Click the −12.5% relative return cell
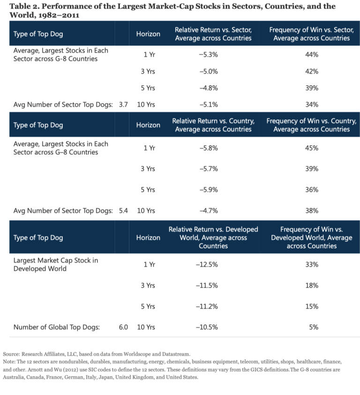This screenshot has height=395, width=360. tap(207, 264)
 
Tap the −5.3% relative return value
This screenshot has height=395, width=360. tap(207, 55)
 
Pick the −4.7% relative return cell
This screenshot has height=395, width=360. tap(207, 211)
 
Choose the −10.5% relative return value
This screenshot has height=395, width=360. tap(207, 327)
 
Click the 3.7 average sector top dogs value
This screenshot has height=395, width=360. tap(123, 104)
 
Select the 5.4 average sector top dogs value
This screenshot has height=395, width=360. tap(123, 211)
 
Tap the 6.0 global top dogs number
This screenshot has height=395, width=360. tap(123, 327)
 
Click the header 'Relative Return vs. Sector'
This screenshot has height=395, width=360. tap(213, 34)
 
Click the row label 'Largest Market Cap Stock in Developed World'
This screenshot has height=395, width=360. tap(55, 264)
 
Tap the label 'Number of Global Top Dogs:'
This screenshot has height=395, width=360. tap(56, 327)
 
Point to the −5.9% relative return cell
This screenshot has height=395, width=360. tap(207, 190)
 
